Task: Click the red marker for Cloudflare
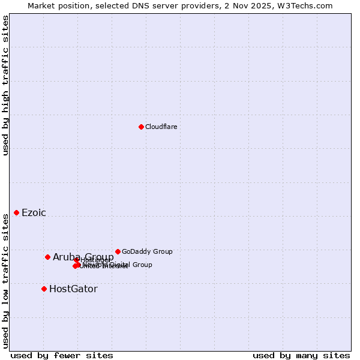tap(141, 127)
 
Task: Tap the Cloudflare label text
tap(161, 127)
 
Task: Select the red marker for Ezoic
tap(16, 212)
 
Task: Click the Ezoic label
tap(34, 213)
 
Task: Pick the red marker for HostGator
tap(44, 289)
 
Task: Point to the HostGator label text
tap(73, 289)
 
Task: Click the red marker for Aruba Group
tap(47, 257)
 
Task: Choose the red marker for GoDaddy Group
tap(118, 251)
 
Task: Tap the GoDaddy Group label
tap(147, 251)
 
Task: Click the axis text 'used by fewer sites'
tap(62, 355)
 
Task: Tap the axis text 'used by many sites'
tap(301, 355)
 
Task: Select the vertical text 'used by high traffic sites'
tap(5, 85)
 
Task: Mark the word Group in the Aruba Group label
tap(99, 257)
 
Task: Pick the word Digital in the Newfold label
tap(119, 265)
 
